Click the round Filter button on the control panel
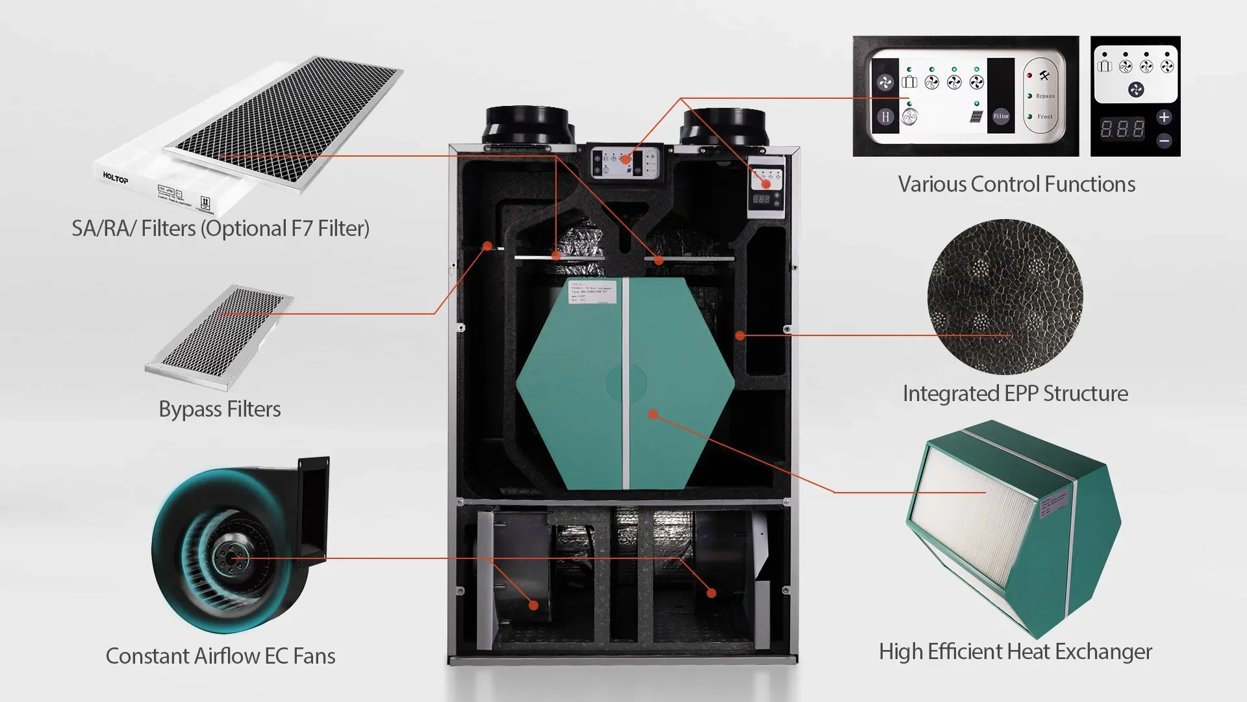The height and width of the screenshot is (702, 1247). pos(1000,116)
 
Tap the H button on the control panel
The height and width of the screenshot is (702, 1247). pos(885,117)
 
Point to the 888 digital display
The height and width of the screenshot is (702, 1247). pos(1122,128)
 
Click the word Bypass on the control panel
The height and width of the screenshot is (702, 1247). pos(1045,96)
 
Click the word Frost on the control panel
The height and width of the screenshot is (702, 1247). pos(1044,117)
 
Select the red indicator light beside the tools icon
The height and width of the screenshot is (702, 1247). pos(1029,76)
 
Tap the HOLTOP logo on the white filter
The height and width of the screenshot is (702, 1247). pos(116,178)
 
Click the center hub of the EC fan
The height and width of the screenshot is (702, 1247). pos(231,558)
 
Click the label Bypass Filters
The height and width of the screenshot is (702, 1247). pos(220,409)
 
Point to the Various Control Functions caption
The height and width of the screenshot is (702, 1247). pos(1016,185)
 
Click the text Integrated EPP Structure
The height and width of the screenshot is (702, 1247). pos(1015,394)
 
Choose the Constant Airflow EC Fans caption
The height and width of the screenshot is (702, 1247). pos(220,656)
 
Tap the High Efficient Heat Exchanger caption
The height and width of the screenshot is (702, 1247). pos(1015,652)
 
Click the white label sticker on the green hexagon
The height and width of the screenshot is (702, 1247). pos(592,292)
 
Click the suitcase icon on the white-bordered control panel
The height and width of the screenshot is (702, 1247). pos(909,82)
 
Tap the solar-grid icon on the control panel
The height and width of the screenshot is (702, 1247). pos(976,117)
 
